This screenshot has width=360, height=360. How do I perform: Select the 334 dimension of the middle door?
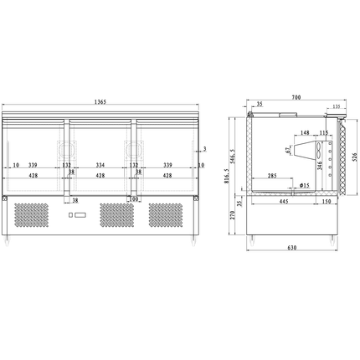pyautogui.click(x=100, y=165)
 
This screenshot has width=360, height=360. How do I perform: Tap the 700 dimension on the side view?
pyautogui.click(x=296, y=99)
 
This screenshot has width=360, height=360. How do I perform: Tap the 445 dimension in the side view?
pyautogui.click(x=284, y=201)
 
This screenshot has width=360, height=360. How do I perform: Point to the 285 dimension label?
pyautogui.click(x=273, y=176)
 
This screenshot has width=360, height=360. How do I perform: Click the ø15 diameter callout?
pyautogui.click(x=304, y=185)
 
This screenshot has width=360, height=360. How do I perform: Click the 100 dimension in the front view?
pyautogui.click(x=133, y=199)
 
